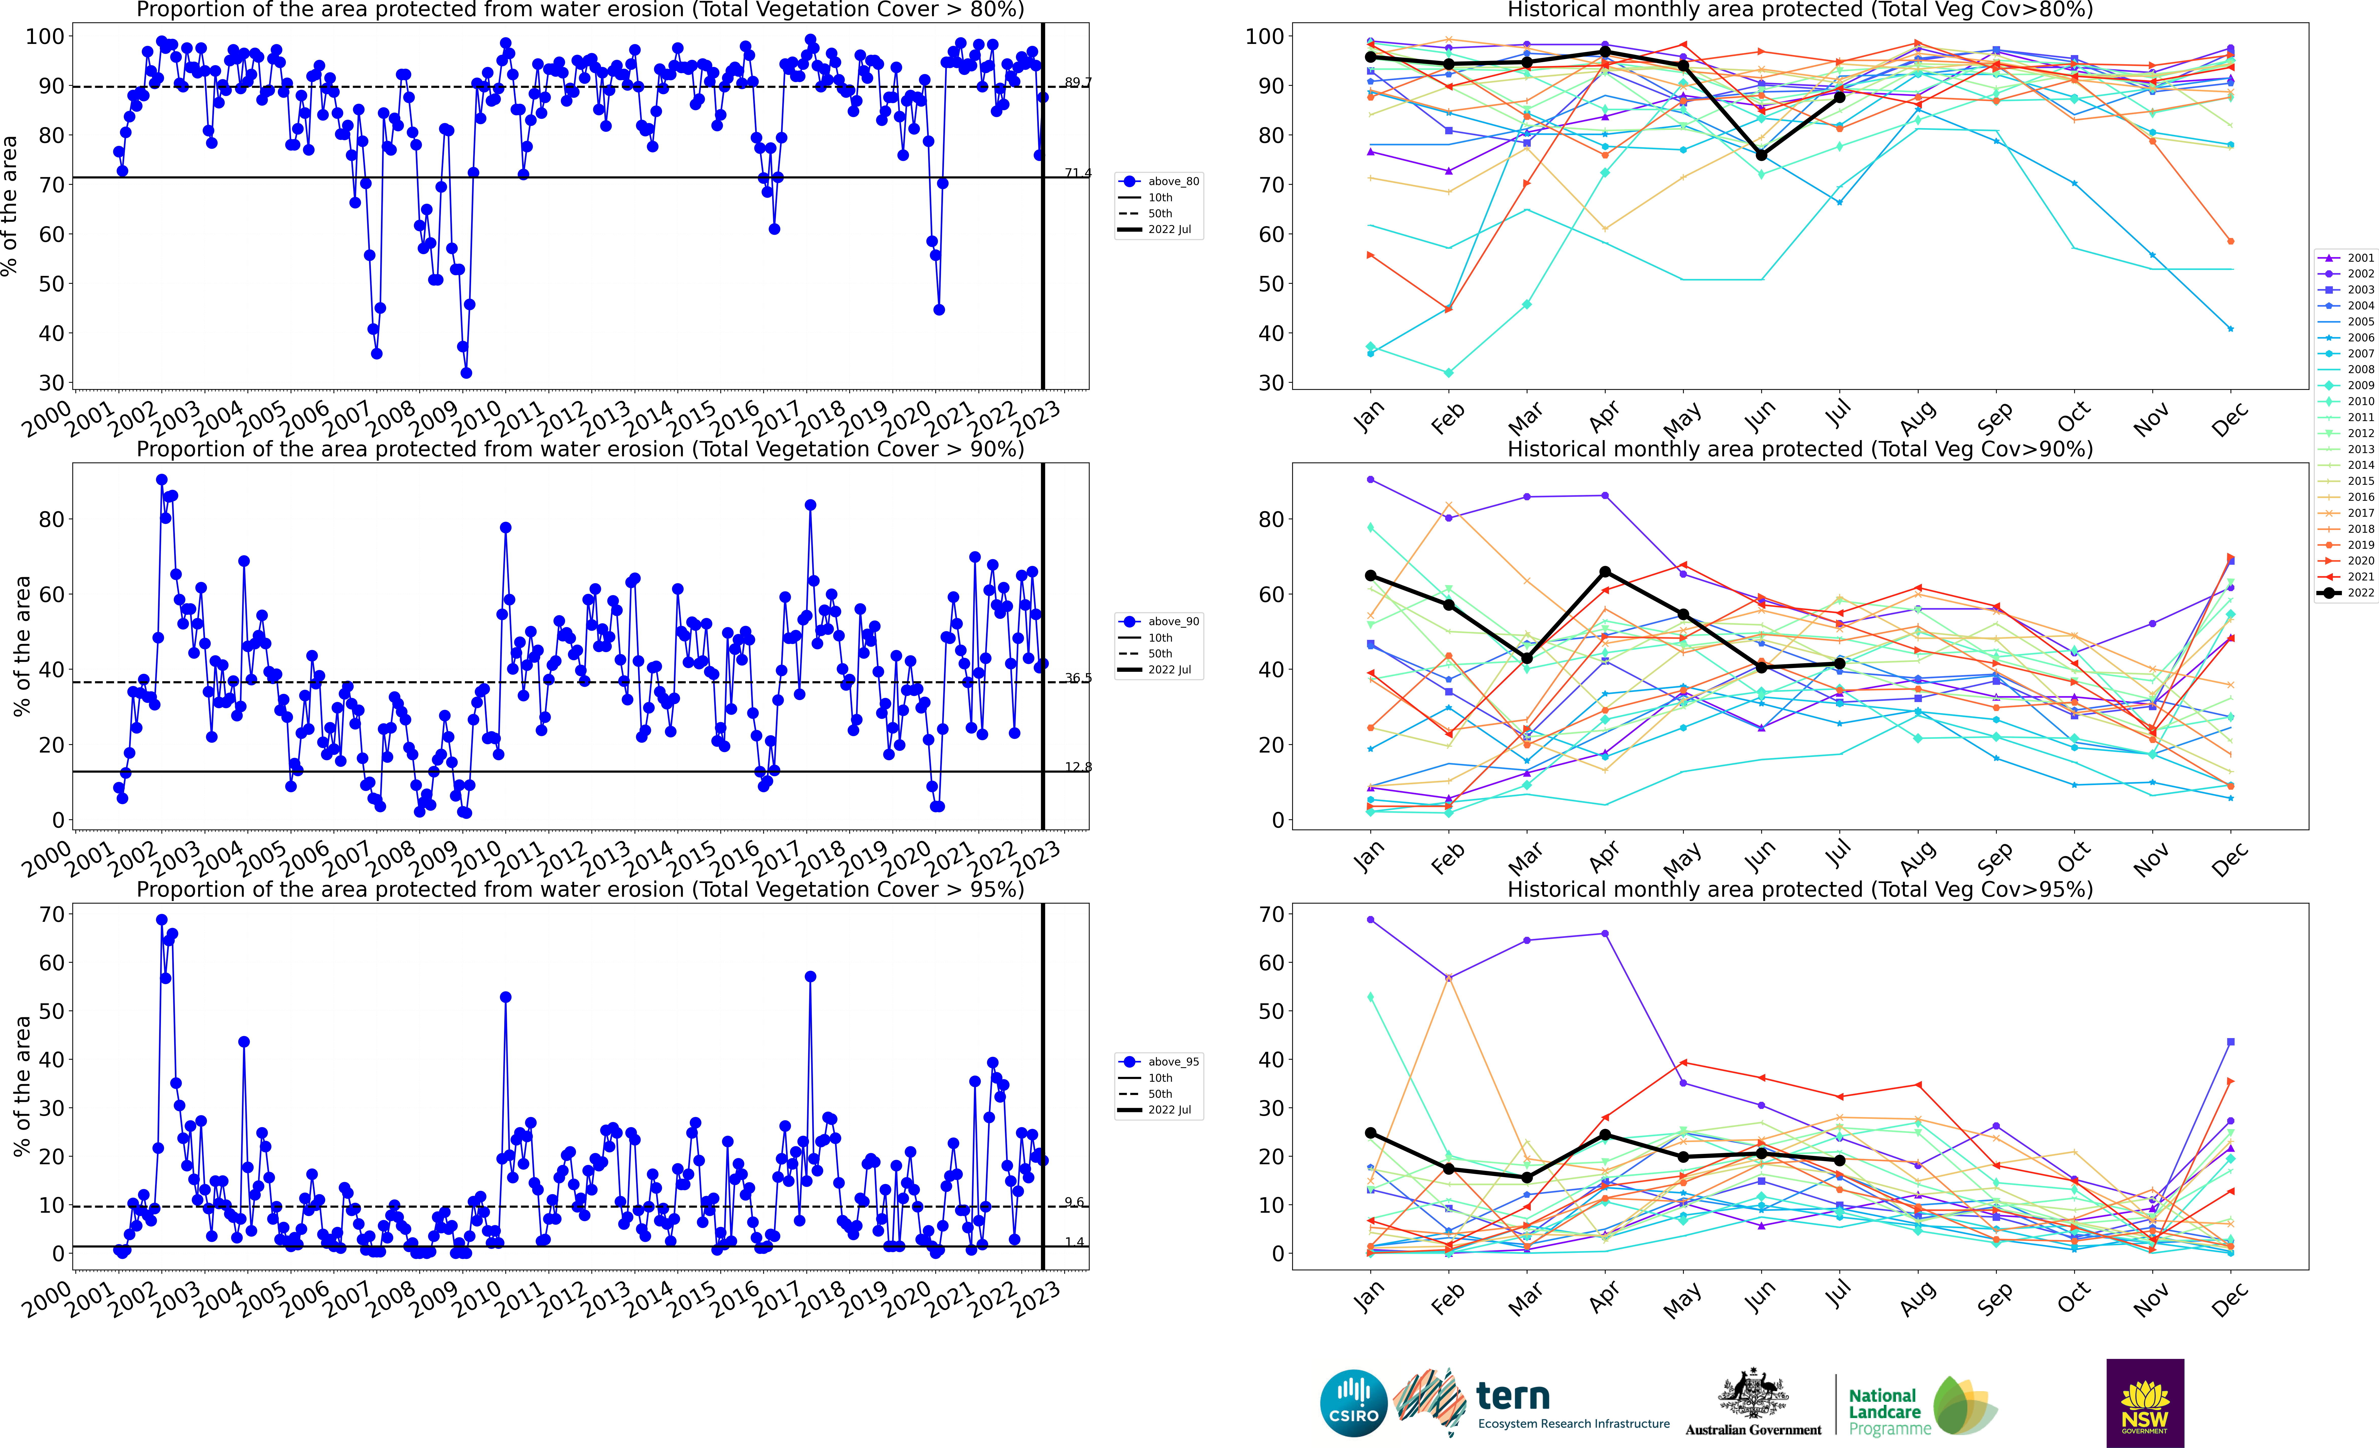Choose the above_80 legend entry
click(x=1159, y=181)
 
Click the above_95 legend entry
click(x=1159, y=1062)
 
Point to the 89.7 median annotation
click(x=1077, y=83)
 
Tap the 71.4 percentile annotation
click(x=1077, y=173)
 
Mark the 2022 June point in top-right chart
click(x=1761, y=155)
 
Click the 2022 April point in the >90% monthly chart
click(x=1605, y=572)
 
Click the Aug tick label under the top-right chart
click(x=1918, y=417)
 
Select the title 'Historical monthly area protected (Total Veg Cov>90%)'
click(x=1800, y=449)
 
